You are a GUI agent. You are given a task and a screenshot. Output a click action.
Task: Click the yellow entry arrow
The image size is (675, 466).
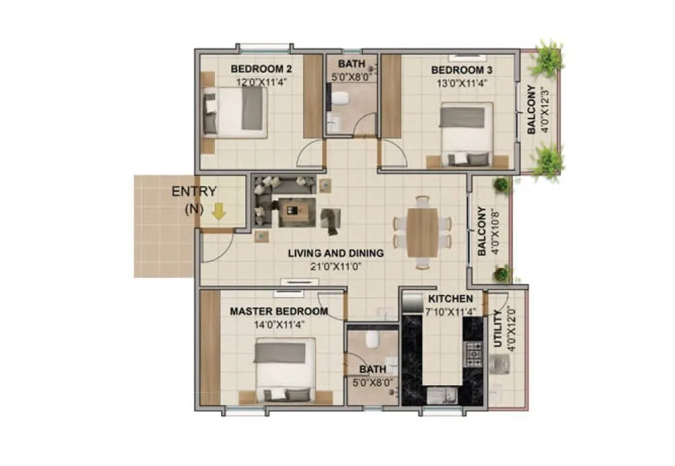218,213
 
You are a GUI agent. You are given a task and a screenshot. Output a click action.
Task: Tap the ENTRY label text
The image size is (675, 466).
194,191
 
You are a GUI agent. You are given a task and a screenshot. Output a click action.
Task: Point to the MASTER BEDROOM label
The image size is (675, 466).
279,312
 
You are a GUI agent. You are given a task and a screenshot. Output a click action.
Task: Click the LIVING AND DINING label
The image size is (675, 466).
335,254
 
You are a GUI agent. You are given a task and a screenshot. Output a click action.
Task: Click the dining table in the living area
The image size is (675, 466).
422,232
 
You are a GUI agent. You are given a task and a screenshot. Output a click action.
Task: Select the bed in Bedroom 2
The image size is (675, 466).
236,112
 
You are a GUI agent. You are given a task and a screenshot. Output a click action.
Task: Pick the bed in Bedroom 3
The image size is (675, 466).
467,133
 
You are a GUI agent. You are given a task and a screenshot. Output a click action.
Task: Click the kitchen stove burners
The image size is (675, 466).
474,351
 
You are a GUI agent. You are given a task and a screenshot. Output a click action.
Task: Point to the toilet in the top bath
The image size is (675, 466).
340,99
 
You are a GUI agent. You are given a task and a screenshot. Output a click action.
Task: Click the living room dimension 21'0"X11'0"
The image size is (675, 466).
335,266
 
